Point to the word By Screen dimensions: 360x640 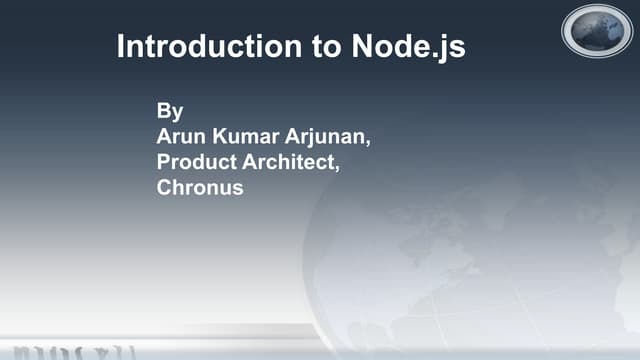click(x=170, y=111)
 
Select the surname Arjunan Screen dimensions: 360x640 click(x=330, y=137)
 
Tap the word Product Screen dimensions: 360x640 click(x=198, y=162)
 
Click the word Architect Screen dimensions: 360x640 click(x=290, y=162)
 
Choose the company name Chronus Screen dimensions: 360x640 click(x=200, y=187)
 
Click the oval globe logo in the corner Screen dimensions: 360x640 click(x=597, y=31)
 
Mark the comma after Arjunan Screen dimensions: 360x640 click(x=369, y=142)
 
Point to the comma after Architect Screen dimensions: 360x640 click(x=337, y=168)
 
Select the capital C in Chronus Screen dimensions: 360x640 click(x=165, y=187)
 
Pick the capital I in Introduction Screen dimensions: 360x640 click(x=121, y=47)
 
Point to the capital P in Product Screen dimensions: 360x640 click(x=164, y=162)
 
